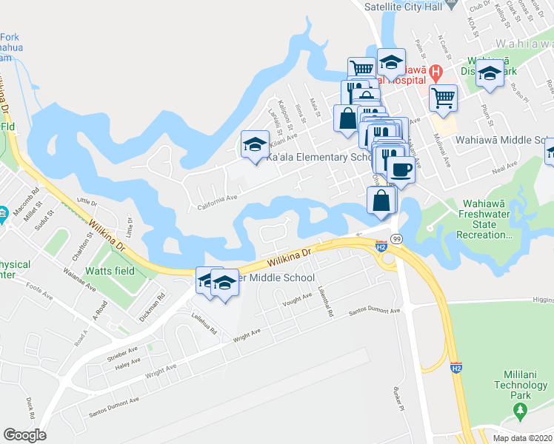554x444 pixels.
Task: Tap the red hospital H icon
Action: [x=436, y=73]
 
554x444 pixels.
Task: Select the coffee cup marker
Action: [x=401, y=169]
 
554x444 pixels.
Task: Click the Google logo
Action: [x=24, y=435]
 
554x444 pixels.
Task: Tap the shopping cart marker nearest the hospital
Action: [x=443, y=97]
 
